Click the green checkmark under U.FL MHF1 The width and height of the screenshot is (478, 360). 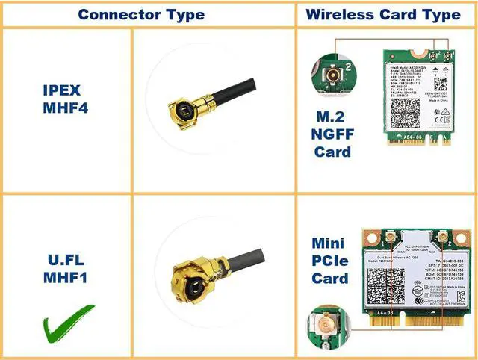[x=66, y=322]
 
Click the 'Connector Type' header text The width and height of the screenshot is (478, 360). [x=141, y=14]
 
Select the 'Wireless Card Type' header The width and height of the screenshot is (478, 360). [x=383, y=14]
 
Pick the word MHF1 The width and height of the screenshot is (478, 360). [x=66, y=282]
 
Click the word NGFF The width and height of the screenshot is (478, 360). [x=332, y=134]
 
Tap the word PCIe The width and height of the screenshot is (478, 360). [x=329, y=261]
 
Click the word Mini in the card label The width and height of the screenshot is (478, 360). [x=329, y=243]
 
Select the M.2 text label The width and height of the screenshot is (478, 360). [x=332, y=116]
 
